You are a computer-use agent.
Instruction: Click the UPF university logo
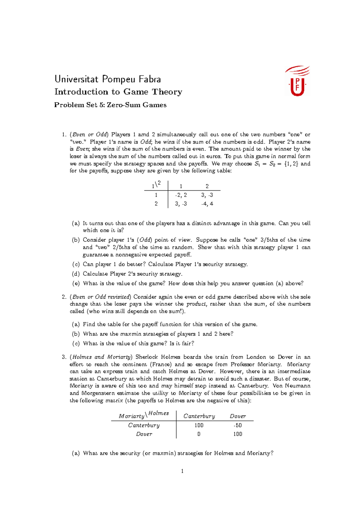(x=297, y=82)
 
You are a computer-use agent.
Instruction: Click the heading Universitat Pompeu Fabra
(x=108, y=79)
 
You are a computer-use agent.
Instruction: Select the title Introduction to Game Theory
(x=118, y=92)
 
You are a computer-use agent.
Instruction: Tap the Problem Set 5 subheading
(x=110, y=105)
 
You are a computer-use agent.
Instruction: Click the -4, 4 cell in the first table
(x=207, y=204)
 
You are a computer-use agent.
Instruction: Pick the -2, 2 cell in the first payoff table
(x=181, y=195)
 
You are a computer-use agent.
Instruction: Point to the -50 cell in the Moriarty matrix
(x=238, y=425)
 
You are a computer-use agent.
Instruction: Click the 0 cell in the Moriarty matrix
(x=199, y=434)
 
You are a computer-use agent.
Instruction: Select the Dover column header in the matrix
(x=238, y=416)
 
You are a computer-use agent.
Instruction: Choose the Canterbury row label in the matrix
(x=144, y=425)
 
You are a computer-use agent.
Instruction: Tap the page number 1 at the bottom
(x=182, y=471)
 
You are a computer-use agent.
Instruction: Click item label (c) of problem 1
(x=76, y=264)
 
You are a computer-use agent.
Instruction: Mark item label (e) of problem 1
(x=76, y=284)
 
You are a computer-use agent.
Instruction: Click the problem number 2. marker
(x=64, y=297)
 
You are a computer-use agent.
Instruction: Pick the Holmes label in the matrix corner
(x=158, y=413)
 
